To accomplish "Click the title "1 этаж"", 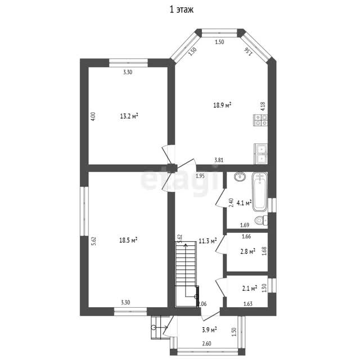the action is (182, 10).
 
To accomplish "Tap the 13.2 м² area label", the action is (129, 116).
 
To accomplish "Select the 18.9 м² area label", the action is (222, 105).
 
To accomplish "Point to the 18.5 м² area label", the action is (128, 240).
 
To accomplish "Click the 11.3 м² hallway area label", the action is (208, 241).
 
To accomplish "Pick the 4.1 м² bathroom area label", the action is (244, 202).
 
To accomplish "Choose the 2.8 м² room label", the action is (247, 251).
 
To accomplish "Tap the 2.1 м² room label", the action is (250, 288).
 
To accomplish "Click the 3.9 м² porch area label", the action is (209, 330).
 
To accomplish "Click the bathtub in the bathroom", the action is (260, 192).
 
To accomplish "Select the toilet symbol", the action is (261, 220).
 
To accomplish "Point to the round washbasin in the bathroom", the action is (240, 176).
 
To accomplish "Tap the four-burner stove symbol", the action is (261, 120).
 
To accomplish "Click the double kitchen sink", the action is (261, 154).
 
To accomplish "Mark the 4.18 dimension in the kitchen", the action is (263, 106).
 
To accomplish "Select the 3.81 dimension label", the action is (219, 160).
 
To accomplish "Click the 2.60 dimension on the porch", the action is (206, 344).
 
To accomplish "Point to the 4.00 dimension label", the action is (93, 116).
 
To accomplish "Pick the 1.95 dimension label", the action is (200, 176).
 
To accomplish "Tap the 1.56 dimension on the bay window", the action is (249, 51).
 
